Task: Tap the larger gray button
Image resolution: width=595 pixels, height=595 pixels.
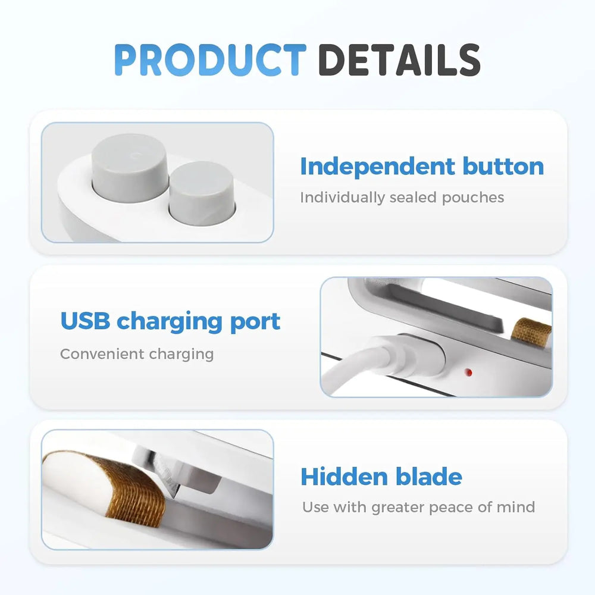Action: [130, 167]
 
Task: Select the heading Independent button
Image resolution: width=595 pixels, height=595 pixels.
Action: [421, 166]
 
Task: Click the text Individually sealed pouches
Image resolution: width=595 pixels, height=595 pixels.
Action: [402, 197]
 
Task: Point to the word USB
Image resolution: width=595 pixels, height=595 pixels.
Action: [84, 321]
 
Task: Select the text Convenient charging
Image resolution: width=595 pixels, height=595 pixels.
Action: [136, 354]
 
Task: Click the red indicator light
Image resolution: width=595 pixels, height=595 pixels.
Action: [468, 373]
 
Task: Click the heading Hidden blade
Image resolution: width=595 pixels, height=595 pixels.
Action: [381, 477]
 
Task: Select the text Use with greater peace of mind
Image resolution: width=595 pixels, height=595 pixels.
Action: [418, 507]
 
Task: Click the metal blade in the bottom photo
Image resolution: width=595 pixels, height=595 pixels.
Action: [170, 476]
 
